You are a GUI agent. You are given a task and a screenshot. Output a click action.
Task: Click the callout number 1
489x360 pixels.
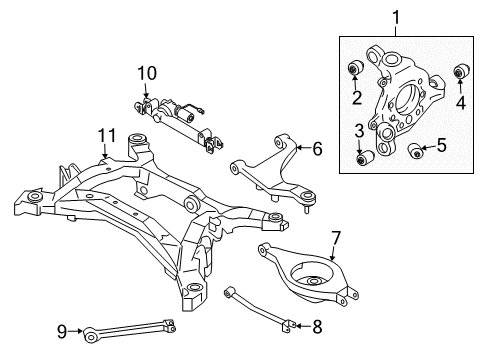pos(395,17)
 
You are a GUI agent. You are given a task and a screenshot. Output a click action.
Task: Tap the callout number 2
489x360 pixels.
pos(356,97)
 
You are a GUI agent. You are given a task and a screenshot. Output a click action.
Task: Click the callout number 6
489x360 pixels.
pos(317,149)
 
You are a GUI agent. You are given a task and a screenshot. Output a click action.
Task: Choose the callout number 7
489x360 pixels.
pos(336,238)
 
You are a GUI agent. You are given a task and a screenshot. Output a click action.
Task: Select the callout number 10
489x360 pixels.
pos(148,73)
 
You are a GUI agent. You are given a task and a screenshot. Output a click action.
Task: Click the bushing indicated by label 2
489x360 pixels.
pos(354,69)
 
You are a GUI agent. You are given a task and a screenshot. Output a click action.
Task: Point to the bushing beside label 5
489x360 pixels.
pos(418,152)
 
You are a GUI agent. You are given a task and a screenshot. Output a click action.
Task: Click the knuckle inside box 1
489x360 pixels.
pos(405,95)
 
